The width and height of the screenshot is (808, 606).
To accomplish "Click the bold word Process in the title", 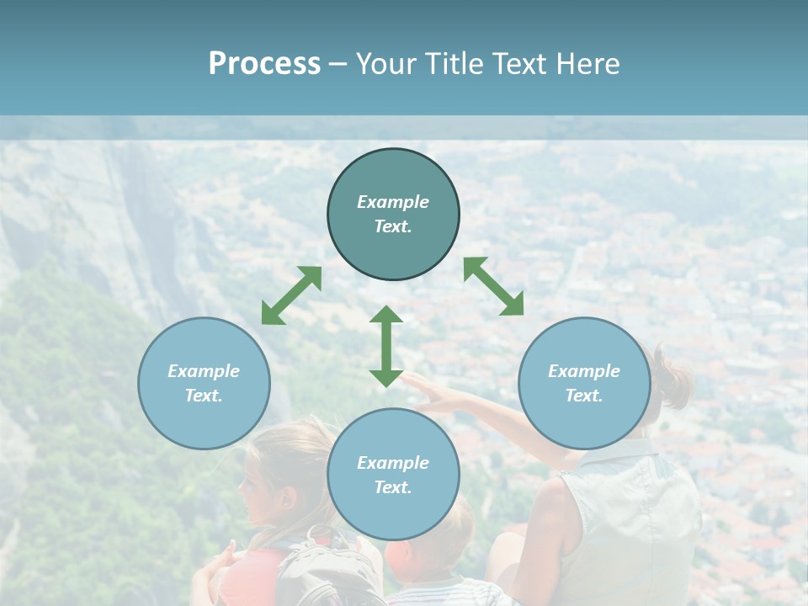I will click(x=264, y=64).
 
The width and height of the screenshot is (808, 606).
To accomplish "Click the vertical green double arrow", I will click(x=386, y=346).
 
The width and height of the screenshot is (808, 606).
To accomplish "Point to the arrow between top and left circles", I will click(x=291, y=295).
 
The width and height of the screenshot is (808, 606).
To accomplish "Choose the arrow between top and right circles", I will click(x=493, y=286).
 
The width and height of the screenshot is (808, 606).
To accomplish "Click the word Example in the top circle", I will click(x=393, y=202).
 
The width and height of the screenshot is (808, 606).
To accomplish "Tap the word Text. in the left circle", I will click(x=204, y=396).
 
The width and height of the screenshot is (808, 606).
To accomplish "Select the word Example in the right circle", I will click(x=584, y=371).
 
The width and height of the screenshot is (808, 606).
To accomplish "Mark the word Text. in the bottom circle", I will click(x=393, y=487).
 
